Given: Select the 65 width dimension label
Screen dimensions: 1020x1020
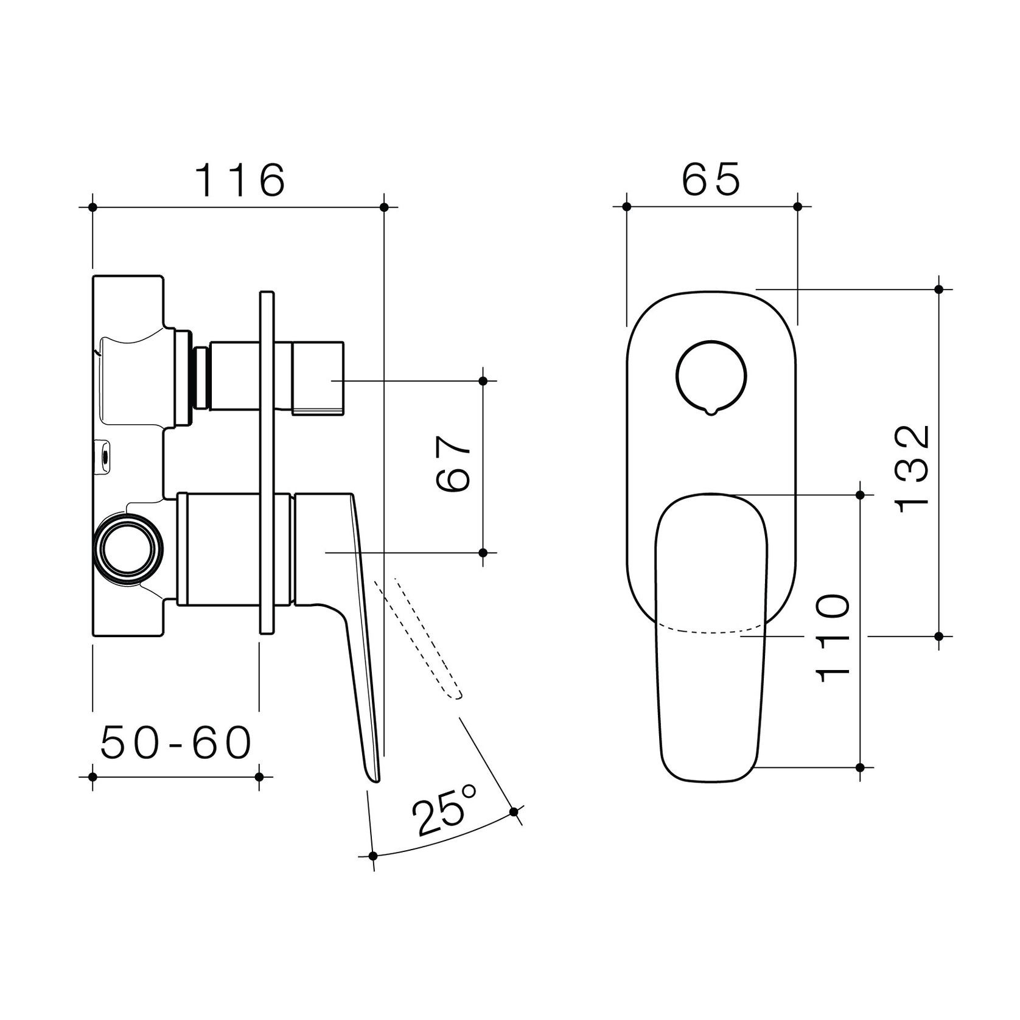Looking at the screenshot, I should (710, 179).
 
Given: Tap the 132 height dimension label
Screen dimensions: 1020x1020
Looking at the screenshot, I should (913, 469).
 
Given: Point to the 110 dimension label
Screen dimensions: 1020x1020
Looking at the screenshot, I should (833, 638).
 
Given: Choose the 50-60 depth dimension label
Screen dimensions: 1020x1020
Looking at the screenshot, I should (176, 743).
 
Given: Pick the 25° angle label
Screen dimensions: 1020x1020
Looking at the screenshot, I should (445, 815).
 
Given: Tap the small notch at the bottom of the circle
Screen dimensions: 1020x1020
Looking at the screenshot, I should (710, 412).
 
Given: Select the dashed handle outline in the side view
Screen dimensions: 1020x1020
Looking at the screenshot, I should (420, 639).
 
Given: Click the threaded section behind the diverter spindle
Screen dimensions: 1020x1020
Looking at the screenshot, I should (200, 377).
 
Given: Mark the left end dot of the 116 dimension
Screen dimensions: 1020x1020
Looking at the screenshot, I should (93, 208).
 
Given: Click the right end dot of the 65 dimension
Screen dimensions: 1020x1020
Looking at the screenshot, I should (798, 207).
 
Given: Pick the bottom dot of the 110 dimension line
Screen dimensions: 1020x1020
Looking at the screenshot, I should (861, 767).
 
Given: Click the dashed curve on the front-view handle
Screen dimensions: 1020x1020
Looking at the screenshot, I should (710, 629).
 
